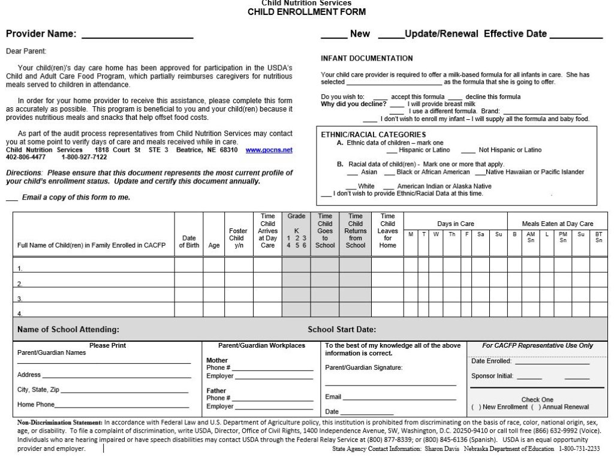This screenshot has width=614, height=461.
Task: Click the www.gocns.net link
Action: tap(269, 150)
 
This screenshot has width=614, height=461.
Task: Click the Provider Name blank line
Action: tap(137, 38)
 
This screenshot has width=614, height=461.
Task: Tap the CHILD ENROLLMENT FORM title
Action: tap(306, 12)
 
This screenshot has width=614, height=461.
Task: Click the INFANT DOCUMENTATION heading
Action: tap(367, 58)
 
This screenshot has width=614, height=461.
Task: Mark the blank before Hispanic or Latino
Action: tap(392, 150)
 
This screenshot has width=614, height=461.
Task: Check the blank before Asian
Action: tap(352, 173)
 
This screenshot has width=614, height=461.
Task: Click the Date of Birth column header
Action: tap(189, 241)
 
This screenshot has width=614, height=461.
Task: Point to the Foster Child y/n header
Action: tap(238, 237)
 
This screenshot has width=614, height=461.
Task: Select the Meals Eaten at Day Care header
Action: tap(557, 224)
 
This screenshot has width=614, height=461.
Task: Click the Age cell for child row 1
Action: tap(214, 264)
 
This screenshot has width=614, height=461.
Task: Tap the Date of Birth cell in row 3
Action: tap(189, 294)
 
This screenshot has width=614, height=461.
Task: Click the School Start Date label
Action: tap(342, 329)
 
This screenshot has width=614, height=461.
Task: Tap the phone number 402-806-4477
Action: tap(26, 157)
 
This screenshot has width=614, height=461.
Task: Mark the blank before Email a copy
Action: tap(11, 198)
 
